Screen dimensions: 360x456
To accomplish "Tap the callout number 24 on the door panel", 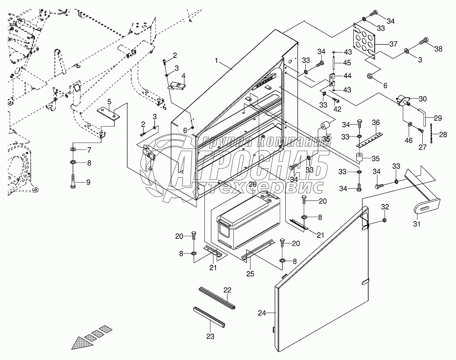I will [262, 313].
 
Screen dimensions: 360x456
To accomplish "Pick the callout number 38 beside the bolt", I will [438, 49].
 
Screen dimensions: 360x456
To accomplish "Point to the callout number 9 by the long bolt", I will [88, 182].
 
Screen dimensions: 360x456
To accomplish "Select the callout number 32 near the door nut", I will [385, 207].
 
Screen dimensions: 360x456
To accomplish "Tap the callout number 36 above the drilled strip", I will [376, 123].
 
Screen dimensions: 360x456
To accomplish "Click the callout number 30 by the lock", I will [423, 99].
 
